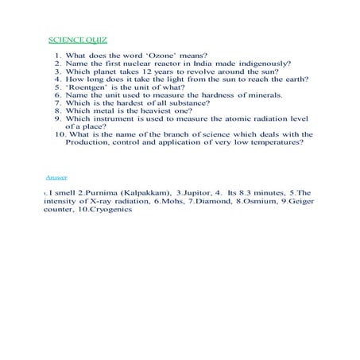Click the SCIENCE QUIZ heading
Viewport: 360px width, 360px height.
point(78,39)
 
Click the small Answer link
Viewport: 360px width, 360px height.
point(56,176)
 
